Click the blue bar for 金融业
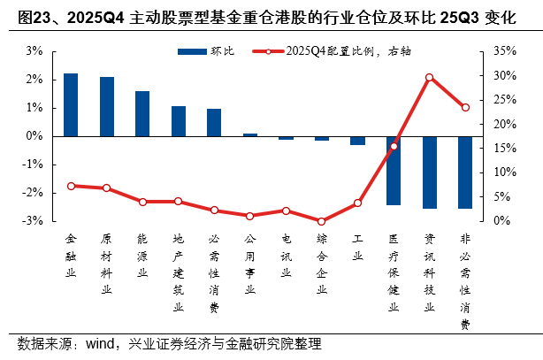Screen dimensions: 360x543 [x=71, y=104]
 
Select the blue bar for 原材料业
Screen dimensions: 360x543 [x=107, y=106]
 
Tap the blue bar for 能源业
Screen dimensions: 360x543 [x=142, y=113]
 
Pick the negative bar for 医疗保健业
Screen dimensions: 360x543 [x=394, y=171]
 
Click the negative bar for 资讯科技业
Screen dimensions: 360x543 [x=429, y=172]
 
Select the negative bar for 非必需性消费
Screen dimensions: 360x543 [x=465, y=172]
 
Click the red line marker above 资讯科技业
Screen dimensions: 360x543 [x=429, y=77]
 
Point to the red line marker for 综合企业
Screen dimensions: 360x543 [x=322, y=221]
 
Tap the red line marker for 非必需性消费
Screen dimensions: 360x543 [x=465, y=108]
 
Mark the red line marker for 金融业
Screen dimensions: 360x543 [x=71, y=186]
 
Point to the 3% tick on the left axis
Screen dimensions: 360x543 [x=34, y=51]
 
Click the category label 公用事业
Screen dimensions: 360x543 [x=250, y=264]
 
